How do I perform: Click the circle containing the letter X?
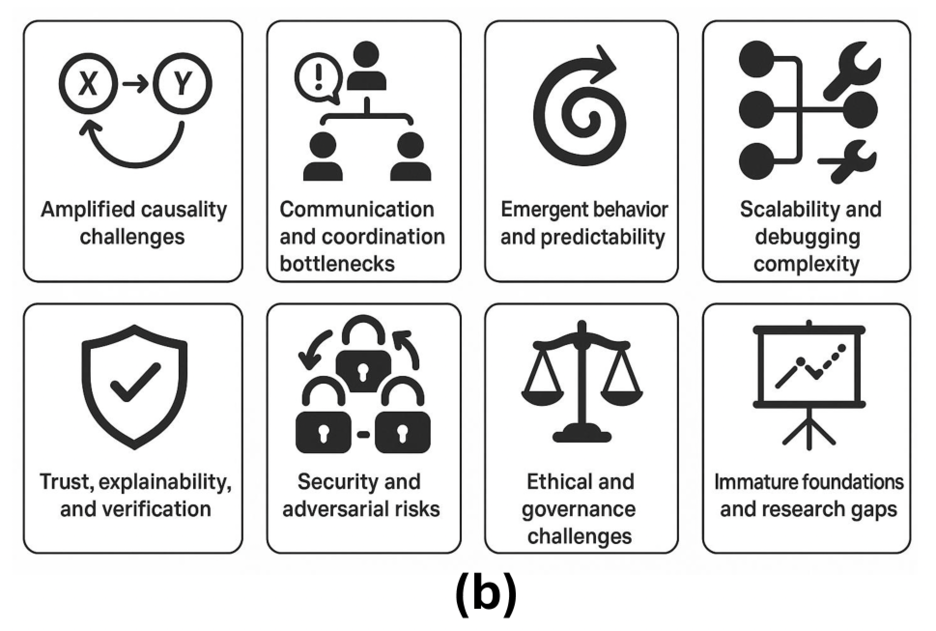point(88,84)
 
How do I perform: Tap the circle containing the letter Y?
point(183,84)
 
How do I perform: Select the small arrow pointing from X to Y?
point(135,85)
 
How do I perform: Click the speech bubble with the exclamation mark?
point(318,78)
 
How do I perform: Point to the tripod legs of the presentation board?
point(809,430)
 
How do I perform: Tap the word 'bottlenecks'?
point(337,264)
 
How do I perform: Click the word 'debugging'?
point(808,237)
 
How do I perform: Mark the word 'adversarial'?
point(335,509)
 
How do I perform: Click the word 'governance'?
point(579,509)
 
